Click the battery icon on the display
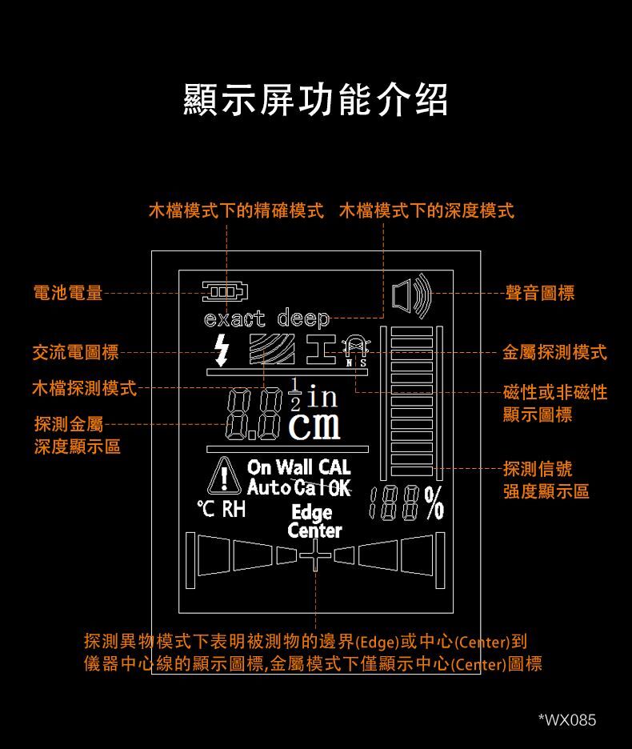[x=225, y=291]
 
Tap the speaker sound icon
[x=411, y=296]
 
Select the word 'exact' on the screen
[x=234, y=318]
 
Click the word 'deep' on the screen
[x=303, y=318]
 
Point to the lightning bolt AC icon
[x=221, y=350]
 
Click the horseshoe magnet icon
[x=355, y=346]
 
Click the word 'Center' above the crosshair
[x=315, y=531]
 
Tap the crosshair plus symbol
[x=315, y=555]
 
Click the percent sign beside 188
[x=434, y=503]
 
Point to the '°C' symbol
[x=206, y=509]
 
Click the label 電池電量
[x=68, y=293]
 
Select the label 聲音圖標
[x=540, y=293]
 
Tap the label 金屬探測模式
[x=554, y=353]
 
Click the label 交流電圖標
[x=76, y=353]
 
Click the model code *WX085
[x=567, y=720]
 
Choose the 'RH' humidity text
[x=234, y=509]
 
